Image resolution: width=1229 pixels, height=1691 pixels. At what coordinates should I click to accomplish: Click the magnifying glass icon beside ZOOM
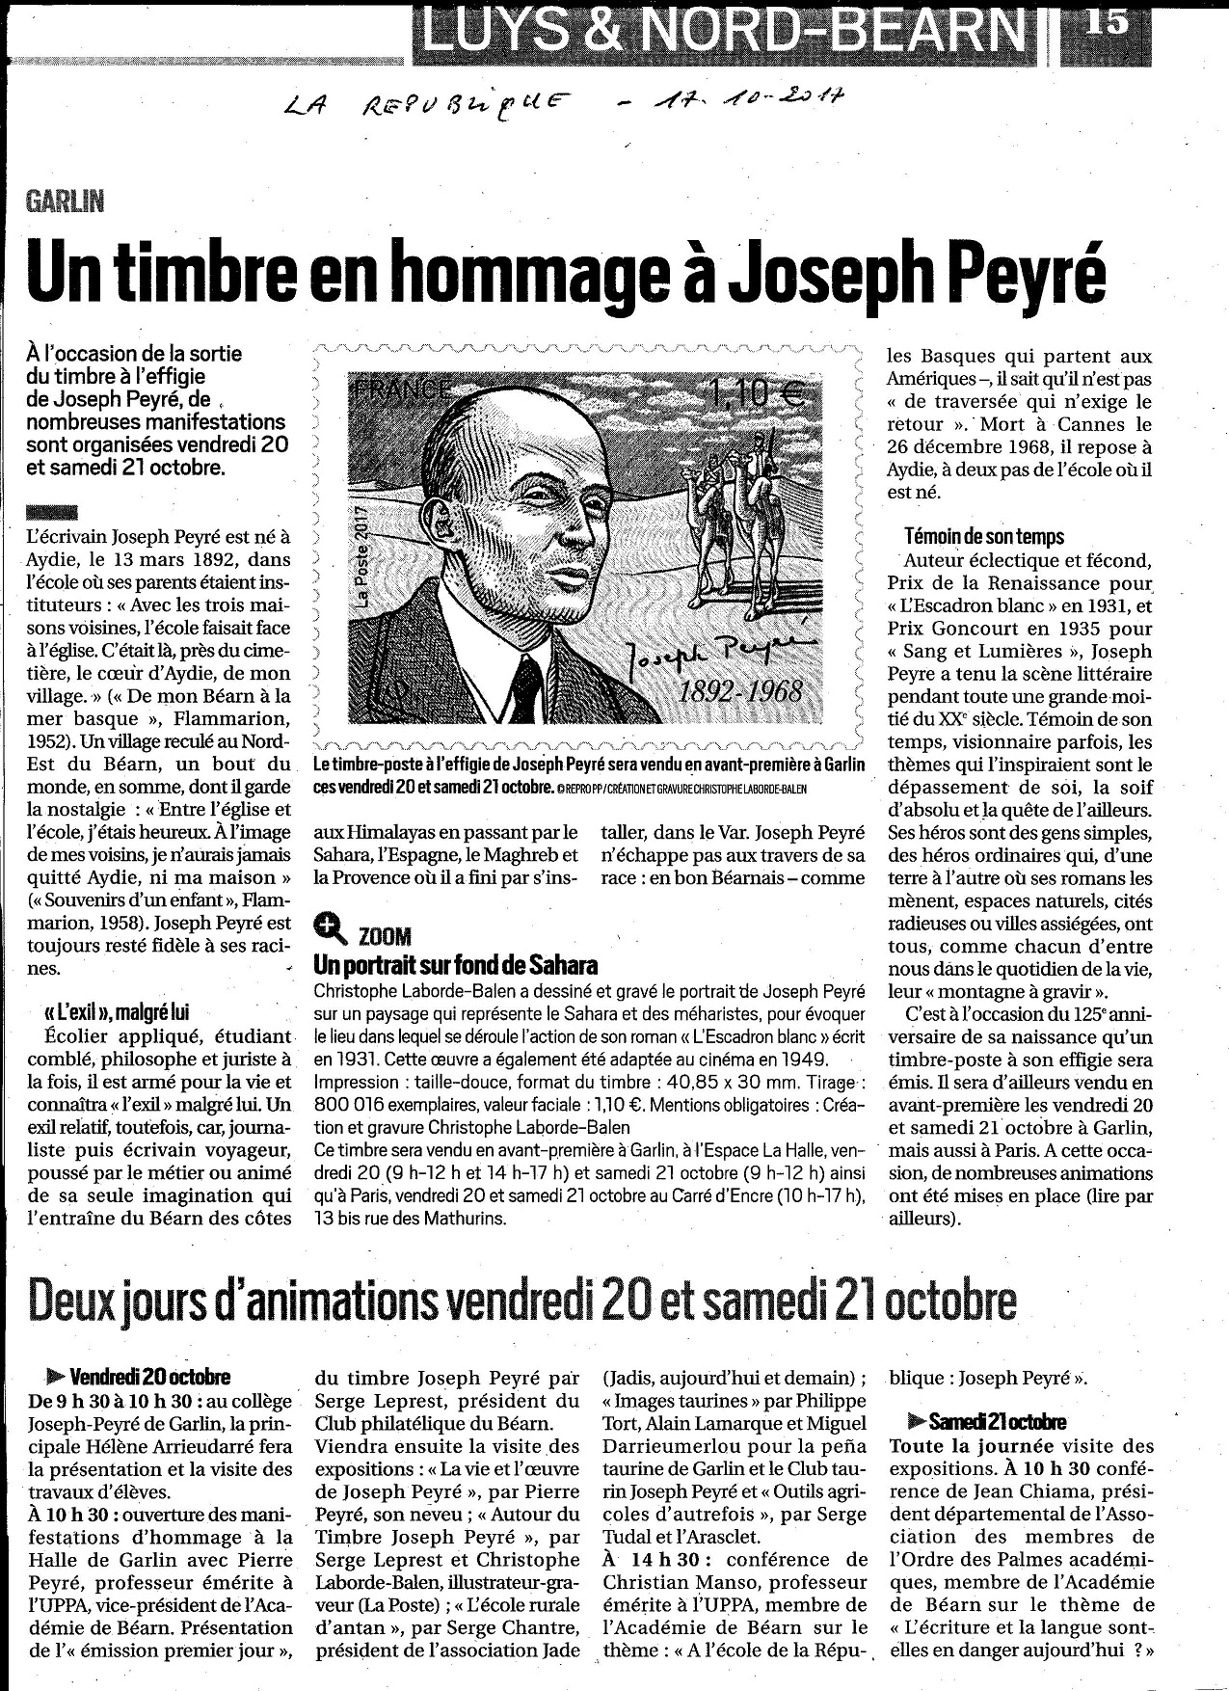330,929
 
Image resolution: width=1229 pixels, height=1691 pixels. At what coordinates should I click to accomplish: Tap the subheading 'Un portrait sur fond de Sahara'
455,965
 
